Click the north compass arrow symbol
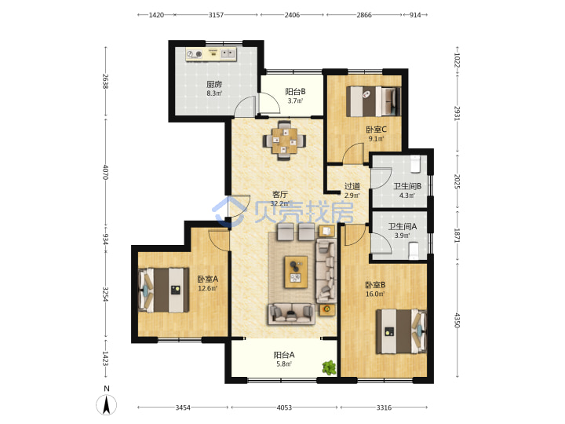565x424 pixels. tap(106, 405)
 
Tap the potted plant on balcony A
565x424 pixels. tap(329, 367)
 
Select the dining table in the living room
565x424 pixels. tap(284, 141)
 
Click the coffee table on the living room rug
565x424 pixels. tap(296, 272)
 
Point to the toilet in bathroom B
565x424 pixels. tap(416, 163)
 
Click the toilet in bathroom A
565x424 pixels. tap(414, 250)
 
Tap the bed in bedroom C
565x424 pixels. tap(374, 101)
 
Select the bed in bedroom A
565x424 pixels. tap(163, 290)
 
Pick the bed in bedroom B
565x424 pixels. tap(401, 331)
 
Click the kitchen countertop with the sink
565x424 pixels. tap(211, 54)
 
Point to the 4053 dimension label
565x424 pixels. tap(284, 408)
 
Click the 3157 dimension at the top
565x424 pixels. tap(217, 15)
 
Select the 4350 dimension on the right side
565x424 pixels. tap(457, 320)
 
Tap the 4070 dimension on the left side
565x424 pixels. tap(105, 172)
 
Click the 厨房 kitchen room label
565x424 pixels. tap(214, 84)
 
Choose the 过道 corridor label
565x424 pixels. tap(352, 186)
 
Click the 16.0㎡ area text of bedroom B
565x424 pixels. tap(375, 294)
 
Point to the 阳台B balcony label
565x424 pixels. tap(295, 92)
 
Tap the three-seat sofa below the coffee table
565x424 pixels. tap(291, 313)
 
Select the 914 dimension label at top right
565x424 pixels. tap(415, 15)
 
